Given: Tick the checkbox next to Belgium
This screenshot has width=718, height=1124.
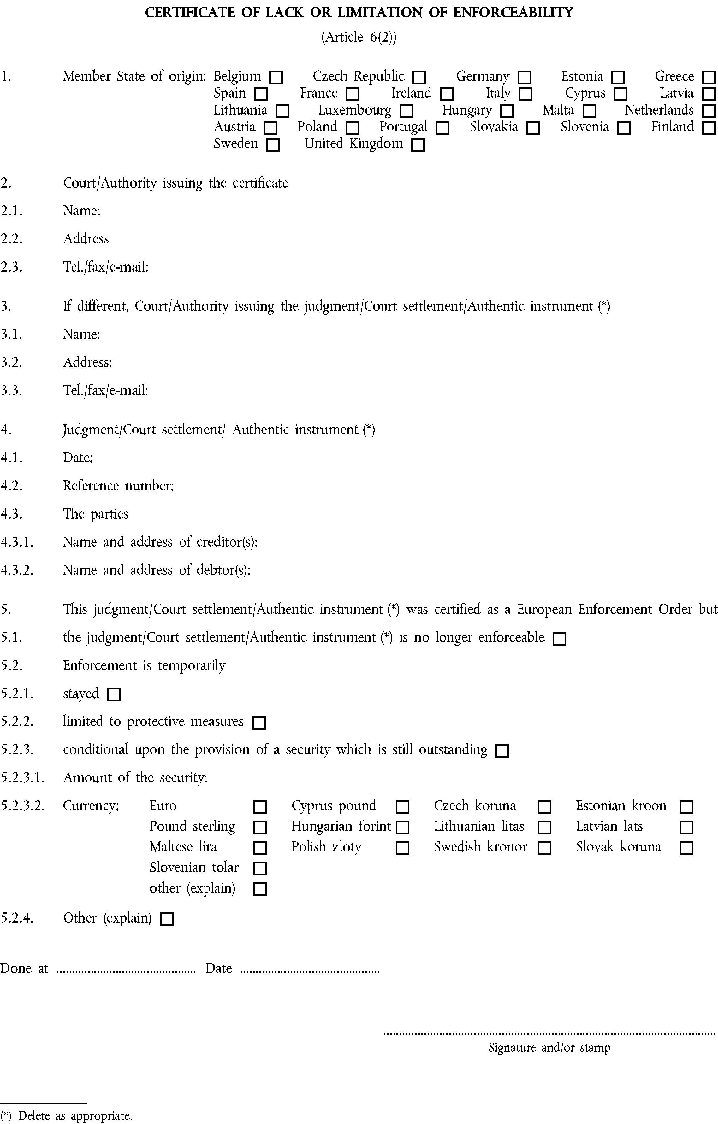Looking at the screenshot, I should pos(276,77).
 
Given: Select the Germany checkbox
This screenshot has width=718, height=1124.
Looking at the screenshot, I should pos(525,77).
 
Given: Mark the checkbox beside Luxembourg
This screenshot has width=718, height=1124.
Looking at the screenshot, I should pos(406,111).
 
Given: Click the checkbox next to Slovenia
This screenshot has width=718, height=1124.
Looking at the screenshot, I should pos(624,128).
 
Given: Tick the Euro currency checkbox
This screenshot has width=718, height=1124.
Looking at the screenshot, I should pos(259,807).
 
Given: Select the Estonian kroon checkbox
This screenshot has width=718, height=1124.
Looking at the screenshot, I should pos(686,807).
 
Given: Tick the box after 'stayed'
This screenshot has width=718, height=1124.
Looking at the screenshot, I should pos(113,694).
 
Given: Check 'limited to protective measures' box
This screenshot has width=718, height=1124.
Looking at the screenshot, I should pos(258,723).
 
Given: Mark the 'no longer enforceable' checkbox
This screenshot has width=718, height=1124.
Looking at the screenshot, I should pos(559,639).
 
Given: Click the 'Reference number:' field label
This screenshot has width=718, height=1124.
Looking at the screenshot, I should pos(118,486).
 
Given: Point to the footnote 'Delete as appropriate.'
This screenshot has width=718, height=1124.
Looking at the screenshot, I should pos(75,1115).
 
